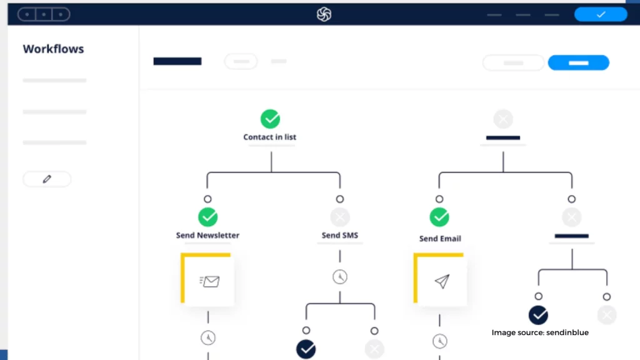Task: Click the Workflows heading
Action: click(x=54, y=49)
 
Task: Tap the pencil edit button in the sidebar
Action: click(x=47, y=179)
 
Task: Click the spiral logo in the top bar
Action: click(x=324, y=14)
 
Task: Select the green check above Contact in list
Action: click(x=270, y=119)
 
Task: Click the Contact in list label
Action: click(x=270, y=137)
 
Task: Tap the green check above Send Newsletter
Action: click(x=207, y=217)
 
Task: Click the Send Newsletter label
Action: click(x=207, y=236)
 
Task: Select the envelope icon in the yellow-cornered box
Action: click(x=210, y=281)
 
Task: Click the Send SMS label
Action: click(x=340, y=236)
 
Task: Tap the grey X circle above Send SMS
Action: click(x=340, y=217)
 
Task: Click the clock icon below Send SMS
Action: click(x=340, y=277)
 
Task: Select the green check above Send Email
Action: click(x=439, y=217)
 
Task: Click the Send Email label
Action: click(x=440, y=239)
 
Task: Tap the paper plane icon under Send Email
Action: click(x=442, y=281)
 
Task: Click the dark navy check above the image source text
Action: click(x=538, y=315)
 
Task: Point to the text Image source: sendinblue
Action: click(x=540, y=332)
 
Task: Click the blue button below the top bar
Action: click(x=578, y=63)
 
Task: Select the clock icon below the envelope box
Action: click(x=208, y=338)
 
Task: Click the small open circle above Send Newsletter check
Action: click(x=207, y=199)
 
